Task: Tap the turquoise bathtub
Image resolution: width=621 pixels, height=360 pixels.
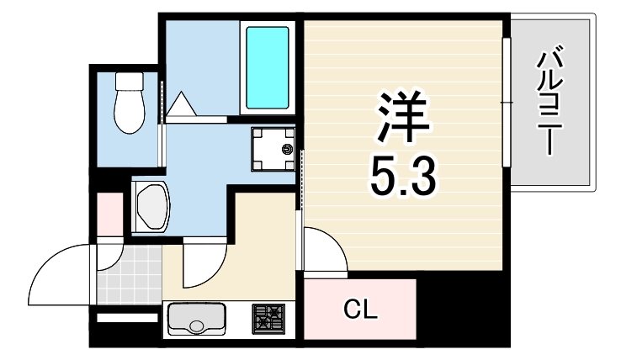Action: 266,67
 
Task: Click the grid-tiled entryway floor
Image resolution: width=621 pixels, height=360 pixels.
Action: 127,273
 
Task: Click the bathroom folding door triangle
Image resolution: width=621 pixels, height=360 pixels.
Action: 182,105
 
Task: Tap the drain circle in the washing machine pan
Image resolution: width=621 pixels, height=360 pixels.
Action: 287,150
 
